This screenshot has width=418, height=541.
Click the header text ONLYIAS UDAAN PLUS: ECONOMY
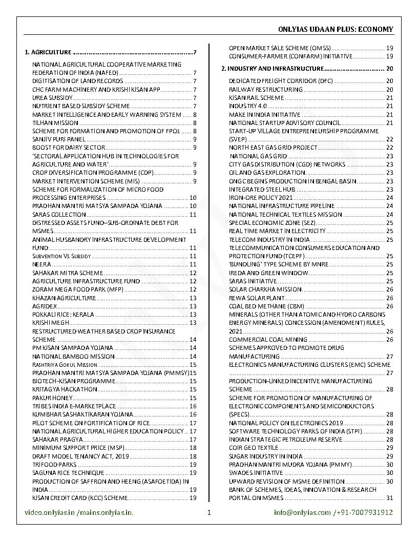[x=336, y=29]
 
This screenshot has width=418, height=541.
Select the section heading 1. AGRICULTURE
[x=48, y=52]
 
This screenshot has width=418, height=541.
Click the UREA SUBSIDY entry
[x=53, y=98]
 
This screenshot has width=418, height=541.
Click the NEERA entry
[x=41, y=264]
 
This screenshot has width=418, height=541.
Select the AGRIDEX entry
[x=45, y=306]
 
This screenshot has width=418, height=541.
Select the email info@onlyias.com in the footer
[x=302, y=512]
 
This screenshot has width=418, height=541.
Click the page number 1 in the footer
[x=209, y=512]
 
